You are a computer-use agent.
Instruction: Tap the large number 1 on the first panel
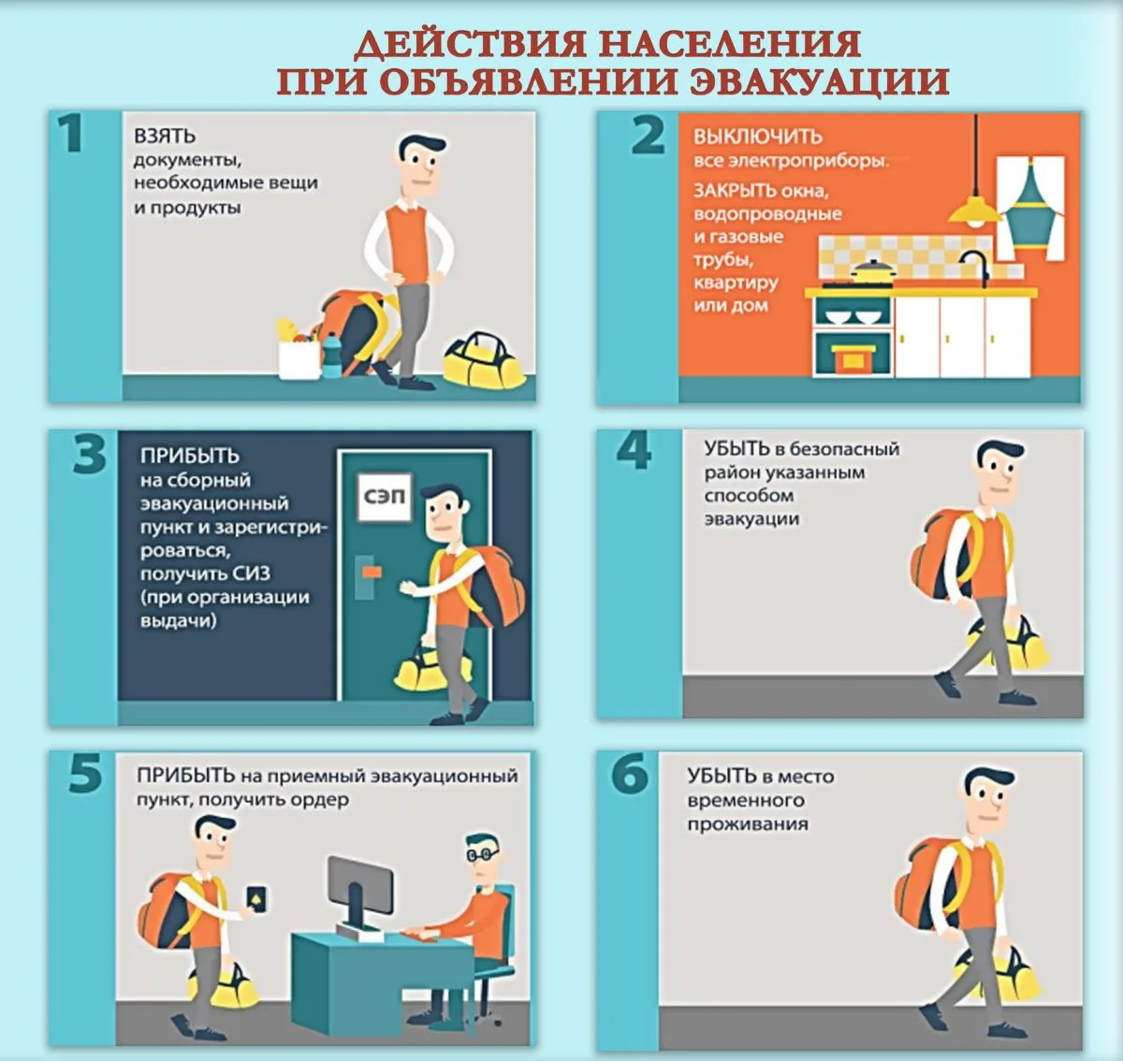[71, 133]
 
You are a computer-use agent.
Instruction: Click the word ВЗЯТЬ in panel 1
[165, 136]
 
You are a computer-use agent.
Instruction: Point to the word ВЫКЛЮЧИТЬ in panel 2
[758, 137]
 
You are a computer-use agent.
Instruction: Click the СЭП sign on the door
[385, 497]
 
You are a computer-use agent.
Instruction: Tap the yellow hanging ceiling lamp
[976, 211]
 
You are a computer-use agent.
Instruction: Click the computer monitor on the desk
[359, 889]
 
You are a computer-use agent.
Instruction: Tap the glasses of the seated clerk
[482, 854]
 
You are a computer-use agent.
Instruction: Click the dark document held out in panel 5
[256, 898]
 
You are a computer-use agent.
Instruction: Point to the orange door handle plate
[372, 572]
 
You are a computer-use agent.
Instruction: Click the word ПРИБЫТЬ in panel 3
[190, 456]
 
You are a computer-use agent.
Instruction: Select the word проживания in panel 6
[748, 824]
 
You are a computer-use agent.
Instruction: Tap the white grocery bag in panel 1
[299, 358]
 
